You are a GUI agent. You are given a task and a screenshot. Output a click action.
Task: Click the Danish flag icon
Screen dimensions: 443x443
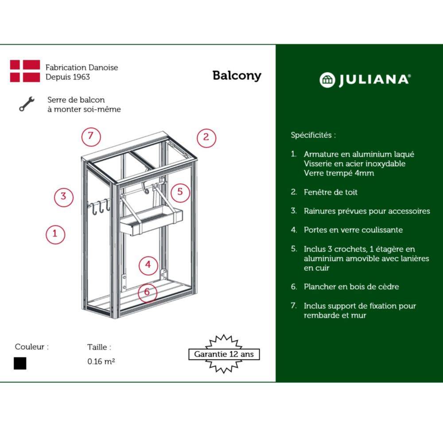(x=25, y=71)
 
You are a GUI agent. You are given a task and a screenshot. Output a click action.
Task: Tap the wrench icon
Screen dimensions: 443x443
(x=27, y=104)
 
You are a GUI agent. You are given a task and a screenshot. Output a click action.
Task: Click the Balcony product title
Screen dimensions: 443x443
(x=237, y=76)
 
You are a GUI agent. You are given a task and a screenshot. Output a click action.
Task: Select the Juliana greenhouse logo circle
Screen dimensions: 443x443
(x=327, y=80)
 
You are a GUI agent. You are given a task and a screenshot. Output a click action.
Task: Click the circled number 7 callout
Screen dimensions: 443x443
(x=91, y=137)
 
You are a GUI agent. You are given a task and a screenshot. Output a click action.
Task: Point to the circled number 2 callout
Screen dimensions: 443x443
(x=206, y=138)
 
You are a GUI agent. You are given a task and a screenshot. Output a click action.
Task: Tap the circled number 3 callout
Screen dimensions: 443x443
(x=64, y=197)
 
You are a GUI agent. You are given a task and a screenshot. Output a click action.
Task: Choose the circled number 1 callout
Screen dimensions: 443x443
(x=55, y=234)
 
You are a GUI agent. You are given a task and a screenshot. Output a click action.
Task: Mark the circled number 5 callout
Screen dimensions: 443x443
(x=180, y=193)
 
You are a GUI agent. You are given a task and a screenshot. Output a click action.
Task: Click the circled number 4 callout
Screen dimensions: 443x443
(x=148, y=265)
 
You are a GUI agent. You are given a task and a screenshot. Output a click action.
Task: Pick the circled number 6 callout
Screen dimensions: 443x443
(x=147, y=292)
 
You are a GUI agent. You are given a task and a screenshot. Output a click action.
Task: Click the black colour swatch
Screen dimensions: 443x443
(x=20, y=363)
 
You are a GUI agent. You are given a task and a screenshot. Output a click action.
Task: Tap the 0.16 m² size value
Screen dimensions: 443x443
(x=101, y=361)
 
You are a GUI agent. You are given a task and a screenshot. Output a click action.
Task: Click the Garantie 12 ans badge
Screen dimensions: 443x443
(x=224, y=354)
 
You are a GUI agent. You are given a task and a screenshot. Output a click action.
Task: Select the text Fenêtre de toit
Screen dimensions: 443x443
(x=330, y=192)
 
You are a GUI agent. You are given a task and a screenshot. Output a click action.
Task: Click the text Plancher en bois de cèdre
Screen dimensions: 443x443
(x=351, y=287)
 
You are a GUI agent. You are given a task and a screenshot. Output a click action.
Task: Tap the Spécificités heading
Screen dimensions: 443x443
(x=313, y=135)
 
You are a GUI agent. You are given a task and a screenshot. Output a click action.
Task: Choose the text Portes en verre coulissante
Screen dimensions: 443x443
(x=353, y=230)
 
